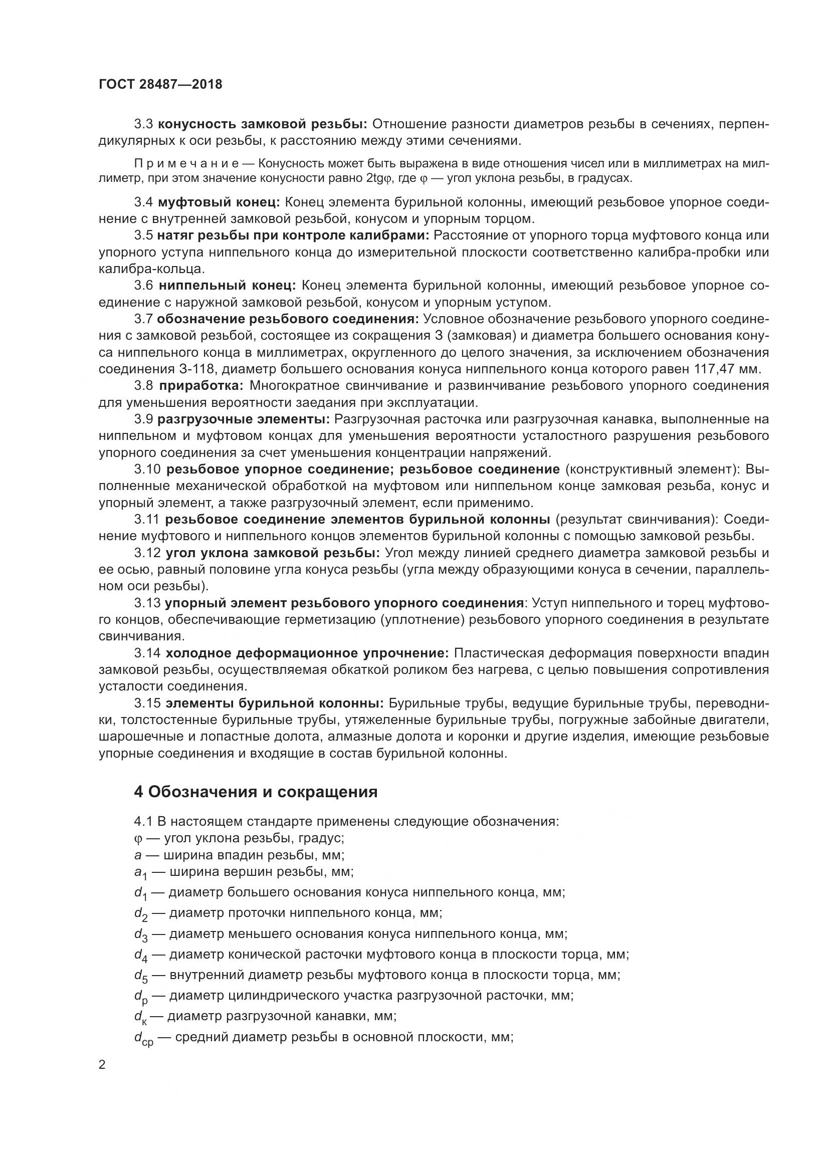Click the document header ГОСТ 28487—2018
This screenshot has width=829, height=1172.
pos(160,84)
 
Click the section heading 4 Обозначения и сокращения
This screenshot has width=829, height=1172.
pos(256,792)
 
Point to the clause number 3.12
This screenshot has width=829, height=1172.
pos(147,553)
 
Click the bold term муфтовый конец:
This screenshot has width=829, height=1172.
pos(219,202)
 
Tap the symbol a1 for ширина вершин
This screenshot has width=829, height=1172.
pos(140,872)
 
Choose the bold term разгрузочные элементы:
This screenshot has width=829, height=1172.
pos(244,419)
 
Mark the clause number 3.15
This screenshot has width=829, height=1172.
pos(147,704)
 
